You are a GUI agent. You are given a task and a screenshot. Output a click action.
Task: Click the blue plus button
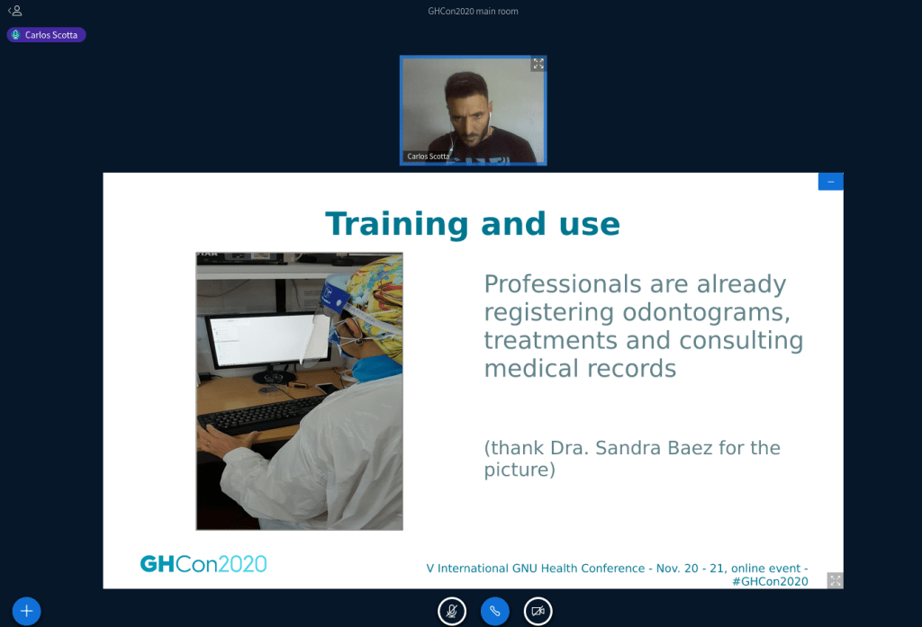click(26, 611)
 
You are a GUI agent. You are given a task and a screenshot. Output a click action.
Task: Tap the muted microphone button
click(452, 611)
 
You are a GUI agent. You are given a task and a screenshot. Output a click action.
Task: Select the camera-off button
click(538, 611)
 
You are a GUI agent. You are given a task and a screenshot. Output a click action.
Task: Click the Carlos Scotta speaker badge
click(47, 35)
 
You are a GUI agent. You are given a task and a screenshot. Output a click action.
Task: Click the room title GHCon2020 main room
click(473, 11)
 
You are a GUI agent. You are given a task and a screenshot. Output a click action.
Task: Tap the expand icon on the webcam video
click(538, 64)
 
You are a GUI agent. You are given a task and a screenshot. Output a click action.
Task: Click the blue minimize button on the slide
click(830, 182)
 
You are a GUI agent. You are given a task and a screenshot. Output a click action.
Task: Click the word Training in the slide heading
click(397, 224)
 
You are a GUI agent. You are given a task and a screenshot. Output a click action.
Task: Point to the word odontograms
click(706, 312)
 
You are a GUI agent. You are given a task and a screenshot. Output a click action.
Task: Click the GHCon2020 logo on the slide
click(203, 564)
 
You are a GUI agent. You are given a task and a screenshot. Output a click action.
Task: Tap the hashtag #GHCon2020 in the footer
click(770, 582)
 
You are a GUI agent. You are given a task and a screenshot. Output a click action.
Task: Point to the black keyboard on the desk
click(263, 415)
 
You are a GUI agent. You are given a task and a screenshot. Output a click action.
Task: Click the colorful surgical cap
click(376, 300)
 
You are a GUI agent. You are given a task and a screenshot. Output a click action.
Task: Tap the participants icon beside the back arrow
click(17, 11)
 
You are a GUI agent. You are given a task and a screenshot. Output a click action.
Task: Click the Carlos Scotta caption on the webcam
click(428, 157)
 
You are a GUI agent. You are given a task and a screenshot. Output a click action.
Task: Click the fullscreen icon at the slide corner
click(835, 580)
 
